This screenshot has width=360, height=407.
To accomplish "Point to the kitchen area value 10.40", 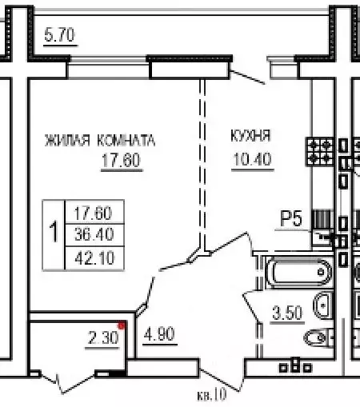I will pos(252,158).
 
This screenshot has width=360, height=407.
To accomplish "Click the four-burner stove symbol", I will pos(322,150).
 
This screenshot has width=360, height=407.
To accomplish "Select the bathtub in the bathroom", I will pos(295,273).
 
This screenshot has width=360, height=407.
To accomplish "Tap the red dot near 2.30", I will pos(121,325).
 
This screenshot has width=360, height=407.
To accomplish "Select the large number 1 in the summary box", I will pos(53,234).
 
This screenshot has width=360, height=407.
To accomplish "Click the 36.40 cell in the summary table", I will pos(93,235).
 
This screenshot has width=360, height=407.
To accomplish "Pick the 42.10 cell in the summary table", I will pos(93,256).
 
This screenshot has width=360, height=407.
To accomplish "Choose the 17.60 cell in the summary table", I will pos(93,213).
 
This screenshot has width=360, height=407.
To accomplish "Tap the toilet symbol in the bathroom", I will pos(326,305).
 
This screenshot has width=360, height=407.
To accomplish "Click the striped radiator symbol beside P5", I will pos(320,219).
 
